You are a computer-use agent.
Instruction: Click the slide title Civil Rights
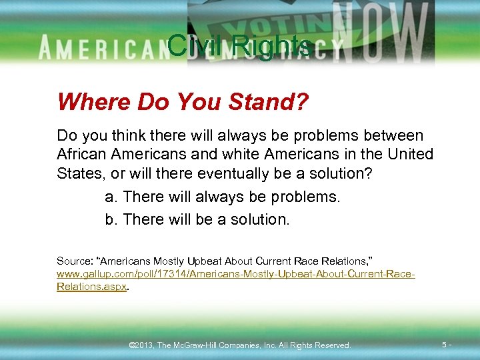(239, 45)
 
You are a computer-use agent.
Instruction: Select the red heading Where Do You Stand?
(183, 102)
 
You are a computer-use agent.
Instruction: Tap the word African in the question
(84, 155)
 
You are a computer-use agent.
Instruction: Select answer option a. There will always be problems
(223, 197)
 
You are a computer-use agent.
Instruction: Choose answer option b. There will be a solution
(197, 219)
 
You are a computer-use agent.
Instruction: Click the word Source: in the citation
(74, 261)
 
